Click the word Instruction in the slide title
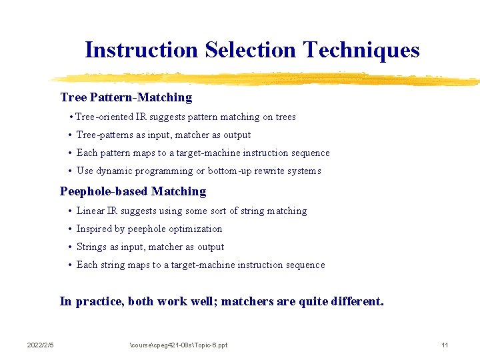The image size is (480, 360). (x=142, y=50)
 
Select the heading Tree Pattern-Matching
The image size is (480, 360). (x=126, y=97)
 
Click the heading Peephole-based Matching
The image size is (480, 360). (x=133, y=191)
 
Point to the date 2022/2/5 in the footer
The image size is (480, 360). (x=40, y=345)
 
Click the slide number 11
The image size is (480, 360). (x=445, y=345)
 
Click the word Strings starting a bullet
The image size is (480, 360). (x=91, y=247)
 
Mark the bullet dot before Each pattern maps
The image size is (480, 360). (x=70, y=153)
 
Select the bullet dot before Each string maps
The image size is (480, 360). (x=70, y=265)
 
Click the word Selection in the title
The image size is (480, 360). (x=251, y=50)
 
